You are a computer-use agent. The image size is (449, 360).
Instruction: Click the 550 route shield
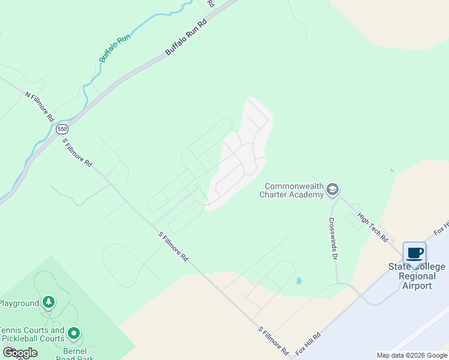click(62, 129)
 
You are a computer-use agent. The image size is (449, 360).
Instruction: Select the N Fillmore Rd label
click(40, 107)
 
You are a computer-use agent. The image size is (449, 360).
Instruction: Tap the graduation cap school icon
click(332, 190)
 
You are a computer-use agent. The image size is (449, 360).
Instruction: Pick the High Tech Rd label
click(373, 227)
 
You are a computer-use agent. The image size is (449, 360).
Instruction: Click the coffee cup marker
click(414, 253)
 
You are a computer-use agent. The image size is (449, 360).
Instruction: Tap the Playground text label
click(19, 303)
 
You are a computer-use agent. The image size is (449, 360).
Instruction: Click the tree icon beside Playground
click(49, 302)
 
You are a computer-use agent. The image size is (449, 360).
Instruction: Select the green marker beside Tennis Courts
click(74, 332)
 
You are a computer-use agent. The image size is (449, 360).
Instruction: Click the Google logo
click(20, 353)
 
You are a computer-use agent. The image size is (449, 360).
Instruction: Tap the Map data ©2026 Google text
click(412, 355)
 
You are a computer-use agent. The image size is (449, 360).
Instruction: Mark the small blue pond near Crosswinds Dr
click(299, 280)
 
